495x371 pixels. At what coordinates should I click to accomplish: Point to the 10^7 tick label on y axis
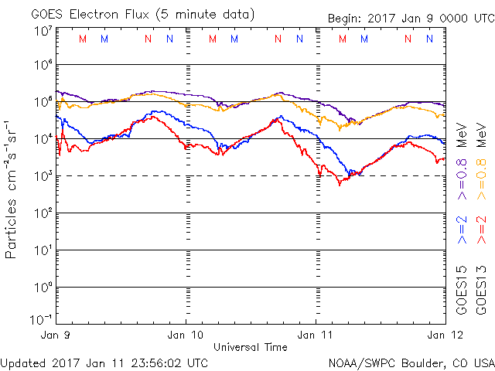(x=43, y=31)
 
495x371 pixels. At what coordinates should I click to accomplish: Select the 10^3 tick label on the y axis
(x=43, y=176)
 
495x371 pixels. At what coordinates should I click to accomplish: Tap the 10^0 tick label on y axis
(x=43, y=288)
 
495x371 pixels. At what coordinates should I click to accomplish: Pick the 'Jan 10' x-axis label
(x=186, y=335)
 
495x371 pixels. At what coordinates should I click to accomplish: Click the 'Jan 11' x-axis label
(x=316, y=335)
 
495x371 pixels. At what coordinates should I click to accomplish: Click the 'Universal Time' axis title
(x=251, y=347)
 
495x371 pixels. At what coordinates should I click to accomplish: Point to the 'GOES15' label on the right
(x=463, y=289)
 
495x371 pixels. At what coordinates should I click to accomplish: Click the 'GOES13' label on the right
(x=482, y=289)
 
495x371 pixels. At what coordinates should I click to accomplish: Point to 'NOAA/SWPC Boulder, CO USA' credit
(x=411, y=362)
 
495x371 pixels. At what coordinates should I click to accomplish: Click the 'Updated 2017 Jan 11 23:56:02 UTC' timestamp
(x=104, y=362)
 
